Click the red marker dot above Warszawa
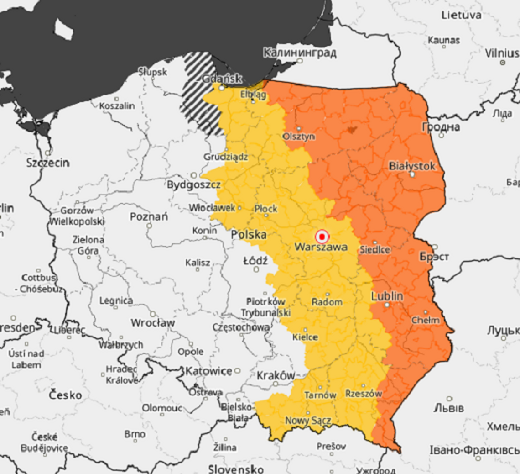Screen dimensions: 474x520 tap(322, 237)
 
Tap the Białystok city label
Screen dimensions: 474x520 tap(412, 166)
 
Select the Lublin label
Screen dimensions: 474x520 tap(387, 296)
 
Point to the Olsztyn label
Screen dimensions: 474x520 tap(299, 136)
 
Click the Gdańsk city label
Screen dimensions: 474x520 tap(222, 79)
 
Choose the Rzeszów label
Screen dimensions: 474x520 tap(363, 393)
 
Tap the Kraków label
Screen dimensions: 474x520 tap(276, 375)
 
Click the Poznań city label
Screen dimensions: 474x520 tap(149, 216)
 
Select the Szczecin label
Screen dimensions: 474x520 tap(48, 163)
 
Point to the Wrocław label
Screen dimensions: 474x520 tap(153, 322)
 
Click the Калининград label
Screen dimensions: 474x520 tap(300, 53)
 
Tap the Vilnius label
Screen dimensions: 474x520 tap(502, 53)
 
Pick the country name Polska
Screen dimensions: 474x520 tap(249, 235)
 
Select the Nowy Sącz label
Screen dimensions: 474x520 tap(308, 420)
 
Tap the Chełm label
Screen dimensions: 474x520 tap(425, 320)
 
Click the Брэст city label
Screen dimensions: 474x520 tap(434, 256)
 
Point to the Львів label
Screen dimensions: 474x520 tap(449, 407)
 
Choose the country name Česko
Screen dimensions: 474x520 tap(66, 395)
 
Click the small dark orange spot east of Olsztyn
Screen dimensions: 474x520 tap(351, 130)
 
